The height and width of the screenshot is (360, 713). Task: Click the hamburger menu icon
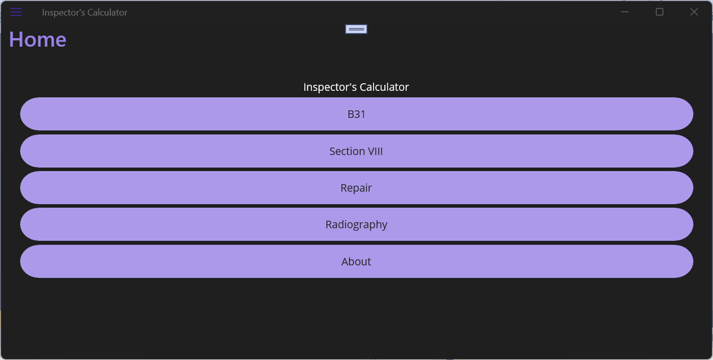click(16, 12)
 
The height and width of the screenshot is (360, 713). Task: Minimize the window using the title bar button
click(625, 12)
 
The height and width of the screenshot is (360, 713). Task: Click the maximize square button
click(659, 12)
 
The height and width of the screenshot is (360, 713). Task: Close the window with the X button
click(694, 12)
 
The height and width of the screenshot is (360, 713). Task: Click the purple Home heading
click(38, 40)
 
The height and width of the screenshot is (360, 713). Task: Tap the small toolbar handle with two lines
click(356, 29)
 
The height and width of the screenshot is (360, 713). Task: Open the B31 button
click(356, 114)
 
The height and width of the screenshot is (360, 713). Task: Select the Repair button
click(356, 188)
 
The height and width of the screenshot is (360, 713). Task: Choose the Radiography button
click(356, 224)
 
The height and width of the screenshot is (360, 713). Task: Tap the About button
click(356, 262)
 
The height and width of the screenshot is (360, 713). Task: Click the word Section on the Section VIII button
click(347, 151)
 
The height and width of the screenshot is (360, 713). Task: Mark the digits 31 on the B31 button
click(360, 114)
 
